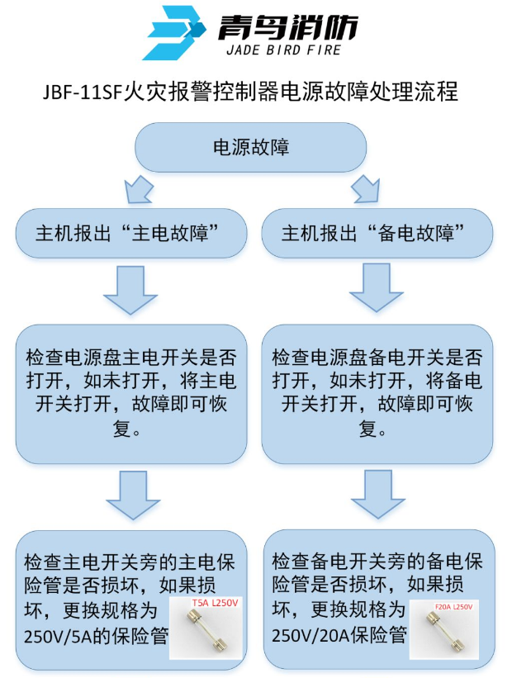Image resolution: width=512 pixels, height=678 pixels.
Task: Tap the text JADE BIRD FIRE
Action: pyautogui.click(x=288, y=50)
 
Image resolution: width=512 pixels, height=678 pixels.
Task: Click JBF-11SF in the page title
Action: pyautogui.click(x=81, y=90)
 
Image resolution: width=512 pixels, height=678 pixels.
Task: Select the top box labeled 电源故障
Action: pyautogui.click(x=251, y=148)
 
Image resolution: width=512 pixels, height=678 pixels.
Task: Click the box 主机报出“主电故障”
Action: pyautogui.click(x=131, y=232)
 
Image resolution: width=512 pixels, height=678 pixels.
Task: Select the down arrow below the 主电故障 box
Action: pyautogui.click(x=130, y=290)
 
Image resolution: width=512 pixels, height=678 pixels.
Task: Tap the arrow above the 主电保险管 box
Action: pyautogui.click(x=130, y=494)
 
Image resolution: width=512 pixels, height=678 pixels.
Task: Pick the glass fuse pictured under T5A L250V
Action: pyautogui.click(x=206, y=637)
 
